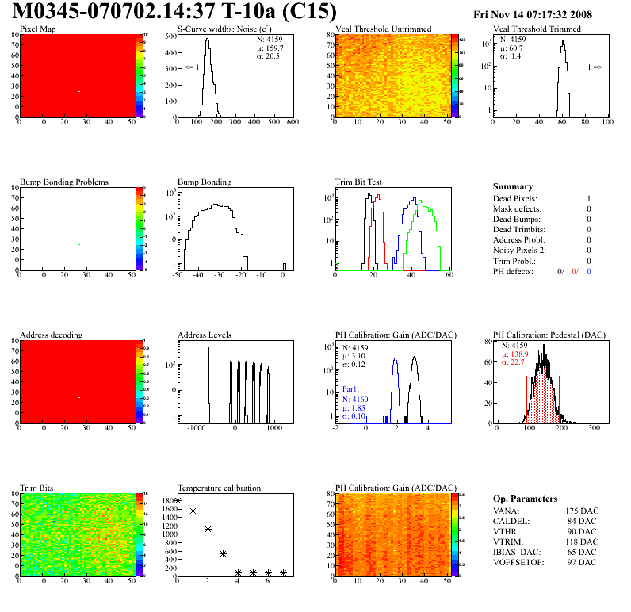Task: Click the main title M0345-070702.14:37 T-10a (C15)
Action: click(x=175, y=13)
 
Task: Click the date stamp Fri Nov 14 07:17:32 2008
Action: click(x=542, y=15)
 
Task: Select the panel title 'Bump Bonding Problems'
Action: click(x=64, y=182)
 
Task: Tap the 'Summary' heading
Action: click(x=513, y=186)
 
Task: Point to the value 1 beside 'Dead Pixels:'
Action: click(x=589, y=198)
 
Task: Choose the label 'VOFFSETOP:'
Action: click(x=518, y=562)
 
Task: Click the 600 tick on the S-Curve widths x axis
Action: click(x=292, y=123)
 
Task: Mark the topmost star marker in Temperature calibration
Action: click(x=178, y=501)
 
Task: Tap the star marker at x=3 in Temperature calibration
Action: click(x=223, y=553)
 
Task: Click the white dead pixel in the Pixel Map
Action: click(x=78, y=91)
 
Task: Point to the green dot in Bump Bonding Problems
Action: click(x=78, y=244)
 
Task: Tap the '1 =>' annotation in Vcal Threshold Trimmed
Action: click(x=595, y=67)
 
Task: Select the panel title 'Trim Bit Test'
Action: click(x=359, y=182)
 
